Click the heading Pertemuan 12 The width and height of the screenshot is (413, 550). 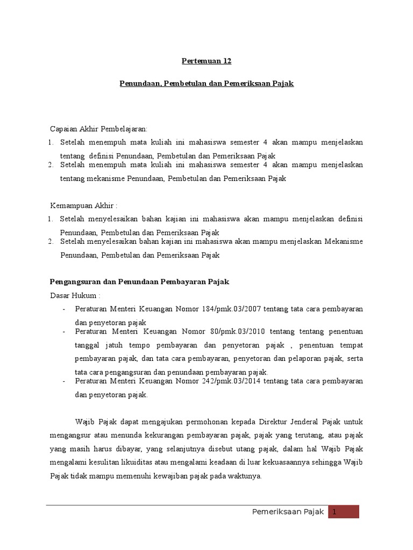pyautogui.click(x=206, y=61)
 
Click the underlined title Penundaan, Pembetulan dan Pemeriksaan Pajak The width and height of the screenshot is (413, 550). pyautogui.click(x=206, y=84)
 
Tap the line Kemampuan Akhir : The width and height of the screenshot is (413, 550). pyautogui.click(x=83, y=206)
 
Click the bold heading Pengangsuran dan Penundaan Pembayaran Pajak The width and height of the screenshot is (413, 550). pyautogui.click(x=140, y=281)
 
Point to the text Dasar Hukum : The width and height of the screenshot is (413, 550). pyautogui.click(x=75, y=295)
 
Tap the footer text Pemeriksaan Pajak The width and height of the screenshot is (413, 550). pyautogui.click(x=288, y=512)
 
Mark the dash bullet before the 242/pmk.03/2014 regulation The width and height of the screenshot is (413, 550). pyautogui.click(x=64, y=381)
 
